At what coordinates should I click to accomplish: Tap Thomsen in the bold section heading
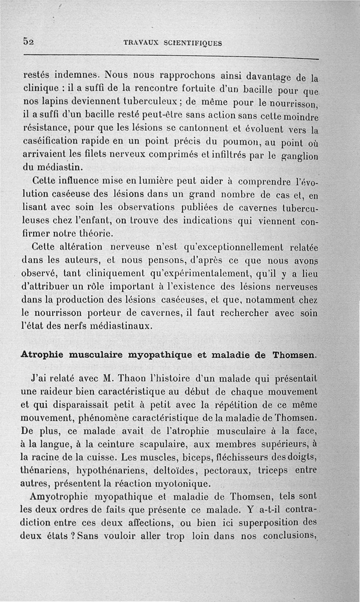294,355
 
